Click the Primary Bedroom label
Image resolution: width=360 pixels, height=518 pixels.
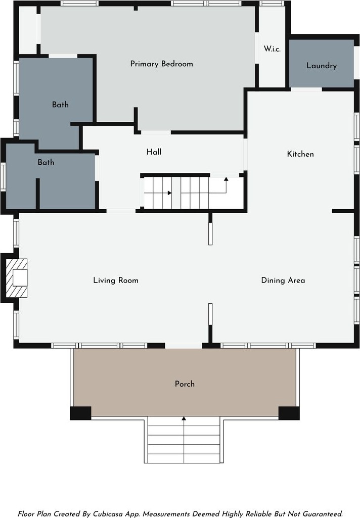click(x=161, y=64)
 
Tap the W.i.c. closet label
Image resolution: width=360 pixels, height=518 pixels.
click(x=272, y=49)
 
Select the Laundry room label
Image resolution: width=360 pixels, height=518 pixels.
click(x=322, y=65)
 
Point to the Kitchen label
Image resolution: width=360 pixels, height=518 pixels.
click(x=300, y=154)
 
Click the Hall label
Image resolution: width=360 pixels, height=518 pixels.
click(x=154, y=152)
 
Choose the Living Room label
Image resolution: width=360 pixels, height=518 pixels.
click(x=116, y=280)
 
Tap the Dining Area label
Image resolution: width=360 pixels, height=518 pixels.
click(x=283, y=280)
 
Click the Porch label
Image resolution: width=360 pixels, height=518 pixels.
click(x=185, y=384)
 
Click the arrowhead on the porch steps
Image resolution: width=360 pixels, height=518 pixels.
click(x=184, y=418)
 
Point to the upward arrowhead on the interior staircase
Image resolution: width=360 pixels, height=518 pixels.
click(x=226, y=179)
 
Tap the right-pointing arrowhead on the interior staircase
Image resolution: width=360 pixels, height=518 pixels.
click(x=169, y=193)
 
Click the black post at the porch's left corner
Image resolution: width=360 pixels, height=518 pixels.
click(x=80, y=413)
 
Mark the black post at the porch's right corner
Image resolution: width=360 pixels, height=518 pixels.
click(x=289, y=413)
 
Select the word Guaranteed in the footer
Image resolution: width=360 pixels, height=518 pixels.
click(x=322, y=514)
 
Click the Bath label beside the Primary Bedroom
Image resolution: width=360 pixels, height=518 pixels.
click(x=61, y=105)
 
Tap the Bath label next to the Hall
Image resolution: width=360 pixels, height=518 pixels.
click(x=46, y=162)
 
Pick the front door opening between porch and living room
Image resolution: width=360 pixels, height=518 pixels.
click(x=184, y=346)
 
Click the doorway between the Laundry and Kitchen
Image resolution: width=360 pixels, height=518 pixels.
click(x=306, y=89)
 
